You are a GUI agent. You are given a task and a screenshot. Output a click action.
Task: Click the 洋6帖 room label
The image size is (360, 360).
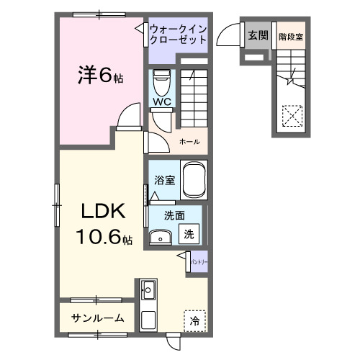tap(100, 75)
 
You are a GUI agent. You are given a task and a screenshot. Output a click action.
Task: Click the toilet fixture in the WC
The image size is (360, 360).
tap(161, 80)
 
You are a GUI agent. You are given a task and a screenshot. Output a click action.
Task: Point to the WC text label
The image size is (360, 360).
tap(161, 102)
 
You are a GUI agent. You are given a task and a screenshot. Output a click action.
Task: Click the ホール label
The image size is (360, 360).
tap(189, 141)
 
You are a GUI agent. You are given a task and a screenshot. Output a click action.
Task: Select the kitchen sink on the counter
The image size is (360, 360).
tap(150, 291)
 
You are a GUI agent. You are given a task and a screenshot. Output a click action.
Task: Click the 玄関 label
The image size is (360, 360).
tap(258, 35)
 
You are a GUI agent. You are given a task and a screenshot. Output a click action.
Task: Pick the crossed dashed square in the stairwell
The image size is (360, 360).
tap(292, 115)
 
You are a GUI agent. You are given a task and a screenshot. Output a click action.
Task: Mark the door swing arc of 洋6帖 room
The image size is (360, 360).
tap(129, 113)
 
